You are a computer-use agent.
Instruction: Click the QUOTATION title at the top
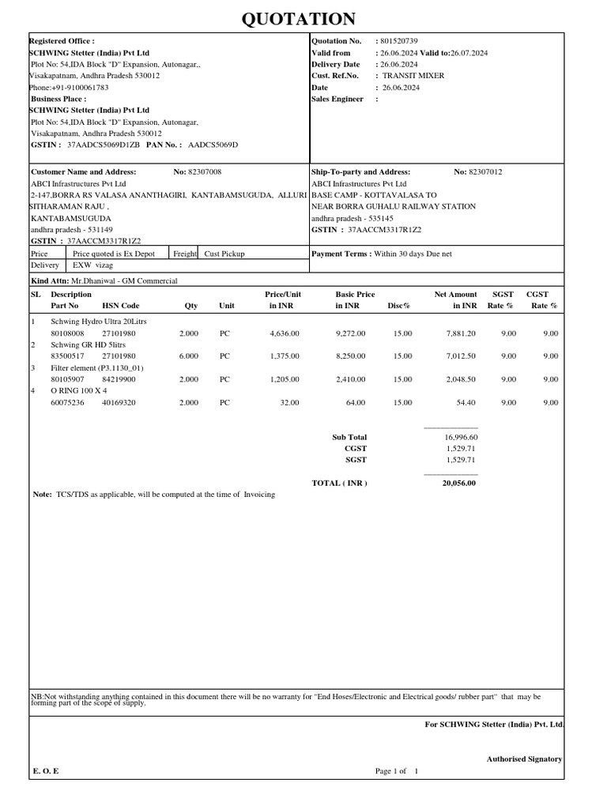point(303,18)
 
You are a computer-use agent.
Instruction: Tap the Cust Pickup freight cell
point(224,254)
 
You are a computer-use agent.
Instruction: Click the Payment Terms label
point(342,254)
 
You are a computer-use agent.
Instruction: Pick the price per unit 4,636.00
point(284,333)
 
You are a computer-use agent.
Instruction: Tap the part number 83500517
point(68,356)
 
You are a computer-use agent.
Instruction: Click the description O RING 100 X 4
point(79,391)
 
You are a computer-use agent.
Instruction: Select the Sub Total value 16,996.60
point(460,437)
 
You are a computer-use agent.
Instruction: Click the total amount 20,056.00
point(458,484)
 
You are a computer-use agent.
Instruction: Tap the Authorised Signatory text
point(524,758)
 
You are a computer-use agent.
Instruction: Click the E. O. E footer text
point(46,771)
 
